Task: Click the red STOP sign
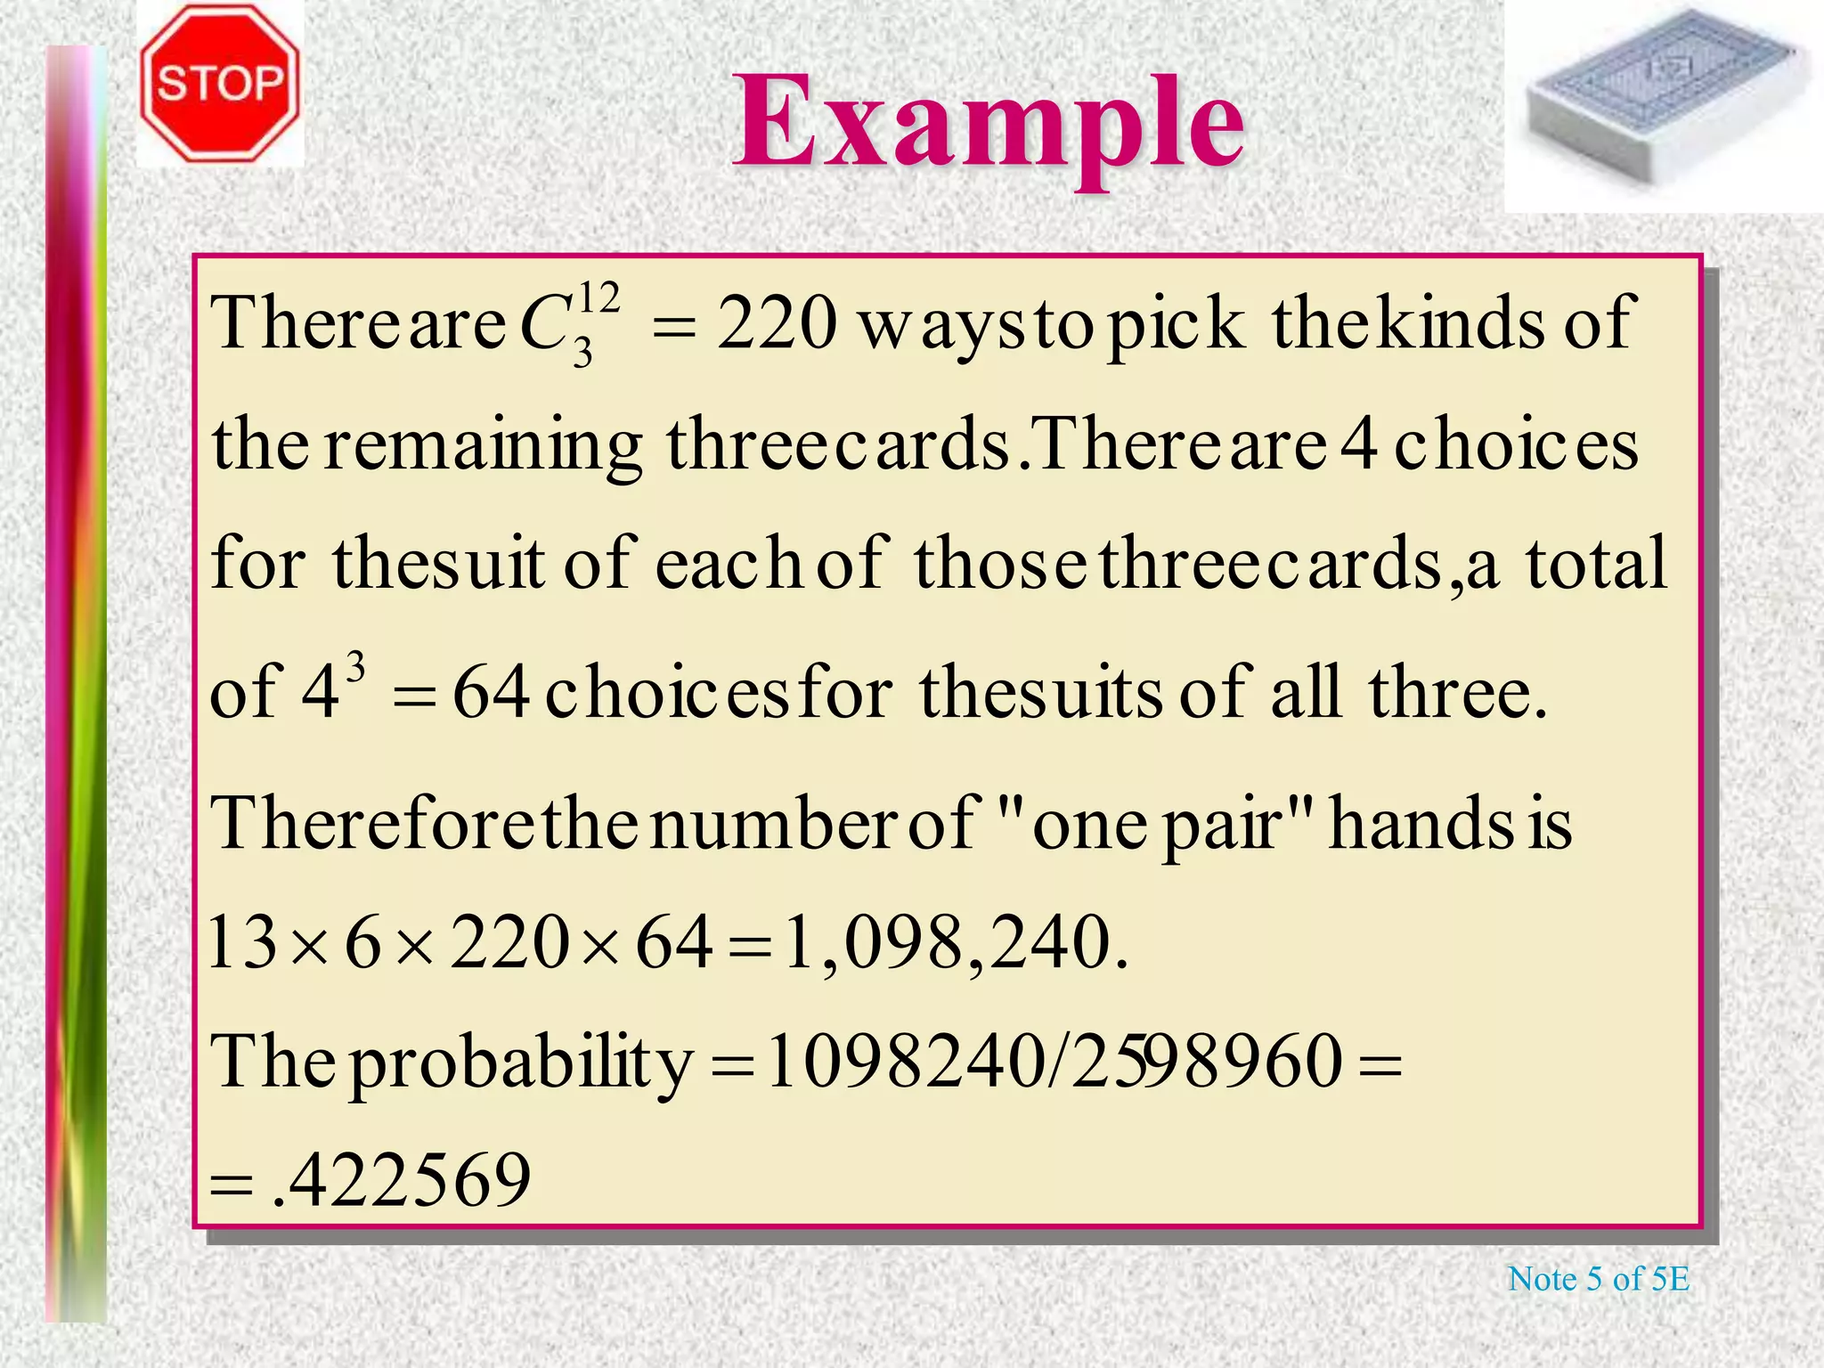220,84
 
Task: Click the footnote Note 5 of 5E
1598,1279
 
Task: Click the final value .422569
401,1181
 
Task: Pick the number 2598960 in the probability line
1207,1062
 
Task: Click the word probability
521,1064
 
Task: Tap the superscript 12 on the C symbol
599,298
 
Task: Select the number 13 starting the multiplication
242,944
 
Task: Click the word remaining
482,445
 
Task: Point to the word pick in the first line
1174,325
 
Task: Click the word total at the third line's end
1596,564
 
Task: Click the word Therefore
374,824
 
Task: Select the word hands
1421,824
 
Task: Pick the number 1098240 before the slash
904,1062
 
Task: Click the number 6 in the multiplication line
362,944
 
